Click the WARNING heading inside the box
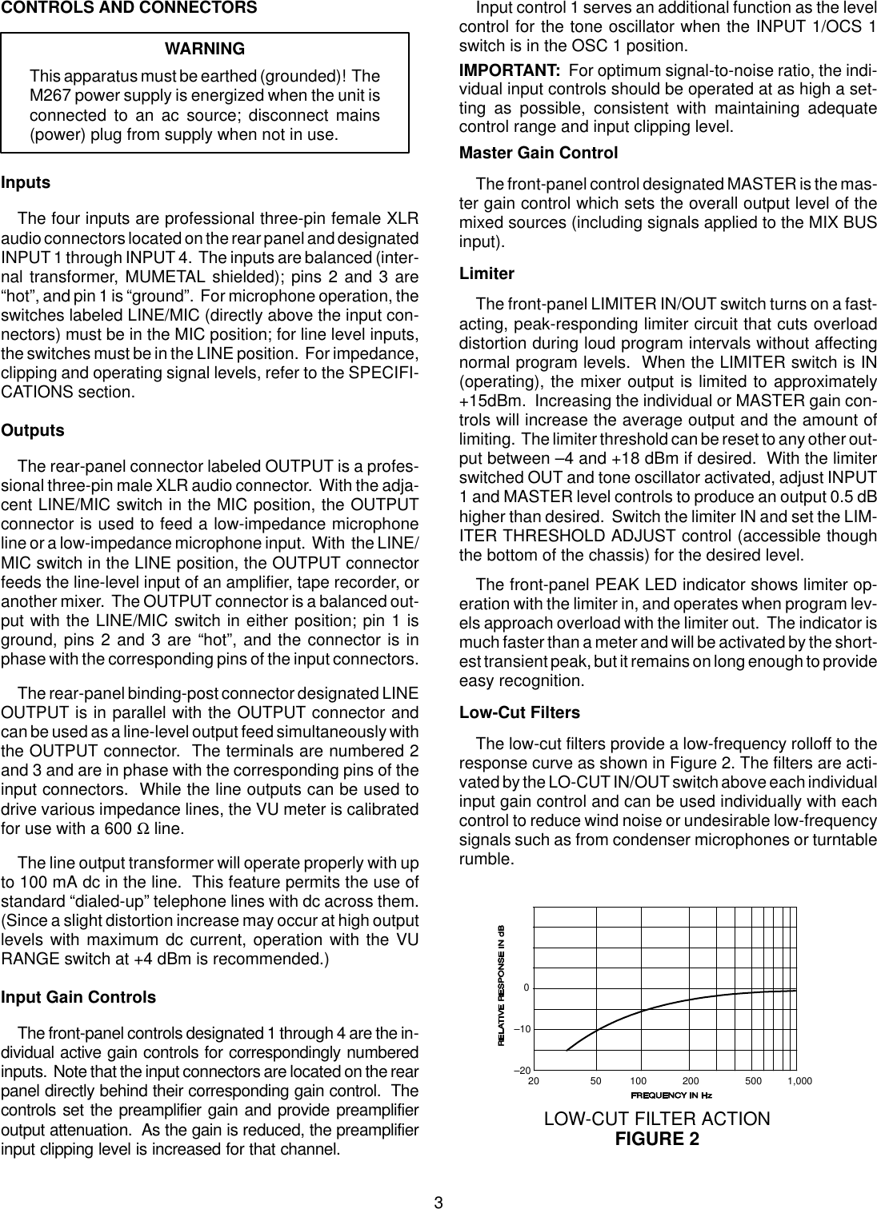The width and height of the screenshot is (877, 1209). click(x=205, y=50)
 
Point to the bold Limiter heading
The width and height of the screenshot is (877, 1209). click(x=487, y=273)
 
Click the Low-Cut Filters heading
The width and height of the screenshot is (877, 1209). click(x=519, y=712)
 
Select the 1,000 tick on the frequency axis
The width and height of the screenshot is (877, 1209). click(x=799, y=1081)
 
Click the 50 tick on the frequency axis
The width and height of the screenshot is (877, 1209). click(x=596, y=1081)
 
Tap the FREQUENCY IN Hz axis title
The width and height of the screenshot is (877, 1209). click(x=671, y=1095)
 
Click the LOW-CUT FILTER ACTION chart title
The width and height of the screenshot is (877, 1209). click(x=657, y=1119)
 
